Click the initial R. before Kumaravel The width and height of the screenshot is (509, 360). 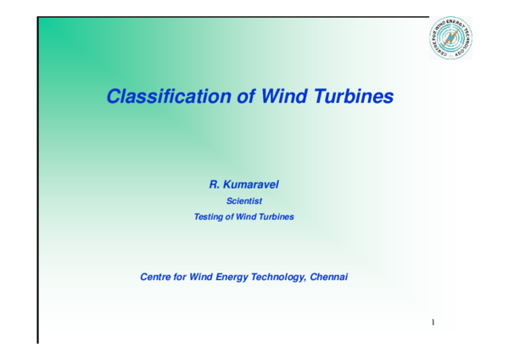tap(215, 184)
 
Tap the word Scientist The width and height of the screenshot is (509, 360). tap(244, 201)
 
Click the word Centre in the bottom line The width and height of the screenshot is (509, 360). tap(156, 277)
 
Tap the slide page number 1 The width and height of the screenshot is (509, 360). tap(433, 323)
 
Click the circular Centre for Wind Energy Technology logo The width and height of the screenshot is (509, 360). tap(450, 38)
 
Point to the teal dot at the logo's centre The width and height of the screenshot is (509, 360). tap(450, 38)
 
